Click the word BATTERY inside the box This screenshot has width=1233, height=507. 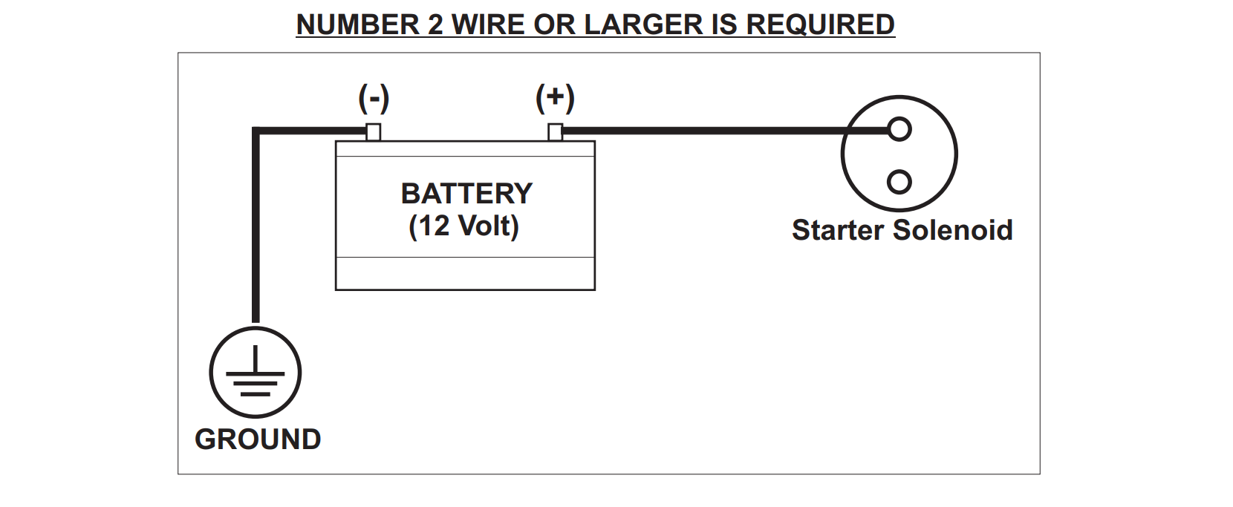tap(466, 194)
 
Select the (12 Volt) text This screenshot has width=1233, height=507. tap(463, 226)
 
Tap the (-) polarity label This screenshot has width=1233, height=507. tap(374, 98)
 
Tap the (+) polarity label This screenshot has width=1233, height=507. tap(555, 98)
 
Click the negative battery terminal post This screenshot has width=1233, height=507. tap(374, 132)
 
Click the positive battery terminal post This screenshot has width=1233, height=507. tap(555, 132)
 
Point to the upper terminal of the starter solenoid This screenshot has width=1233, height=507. tap(899, 130)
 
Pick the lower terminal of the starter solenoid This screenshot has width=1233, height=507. tap(899, 181)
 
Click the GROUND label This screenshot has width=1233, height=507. tap(258, 439)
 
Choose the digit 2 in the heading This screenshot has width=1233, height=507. tap(435, 24)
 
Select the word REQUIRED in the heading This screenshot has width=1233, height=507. tap(820, 24)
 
